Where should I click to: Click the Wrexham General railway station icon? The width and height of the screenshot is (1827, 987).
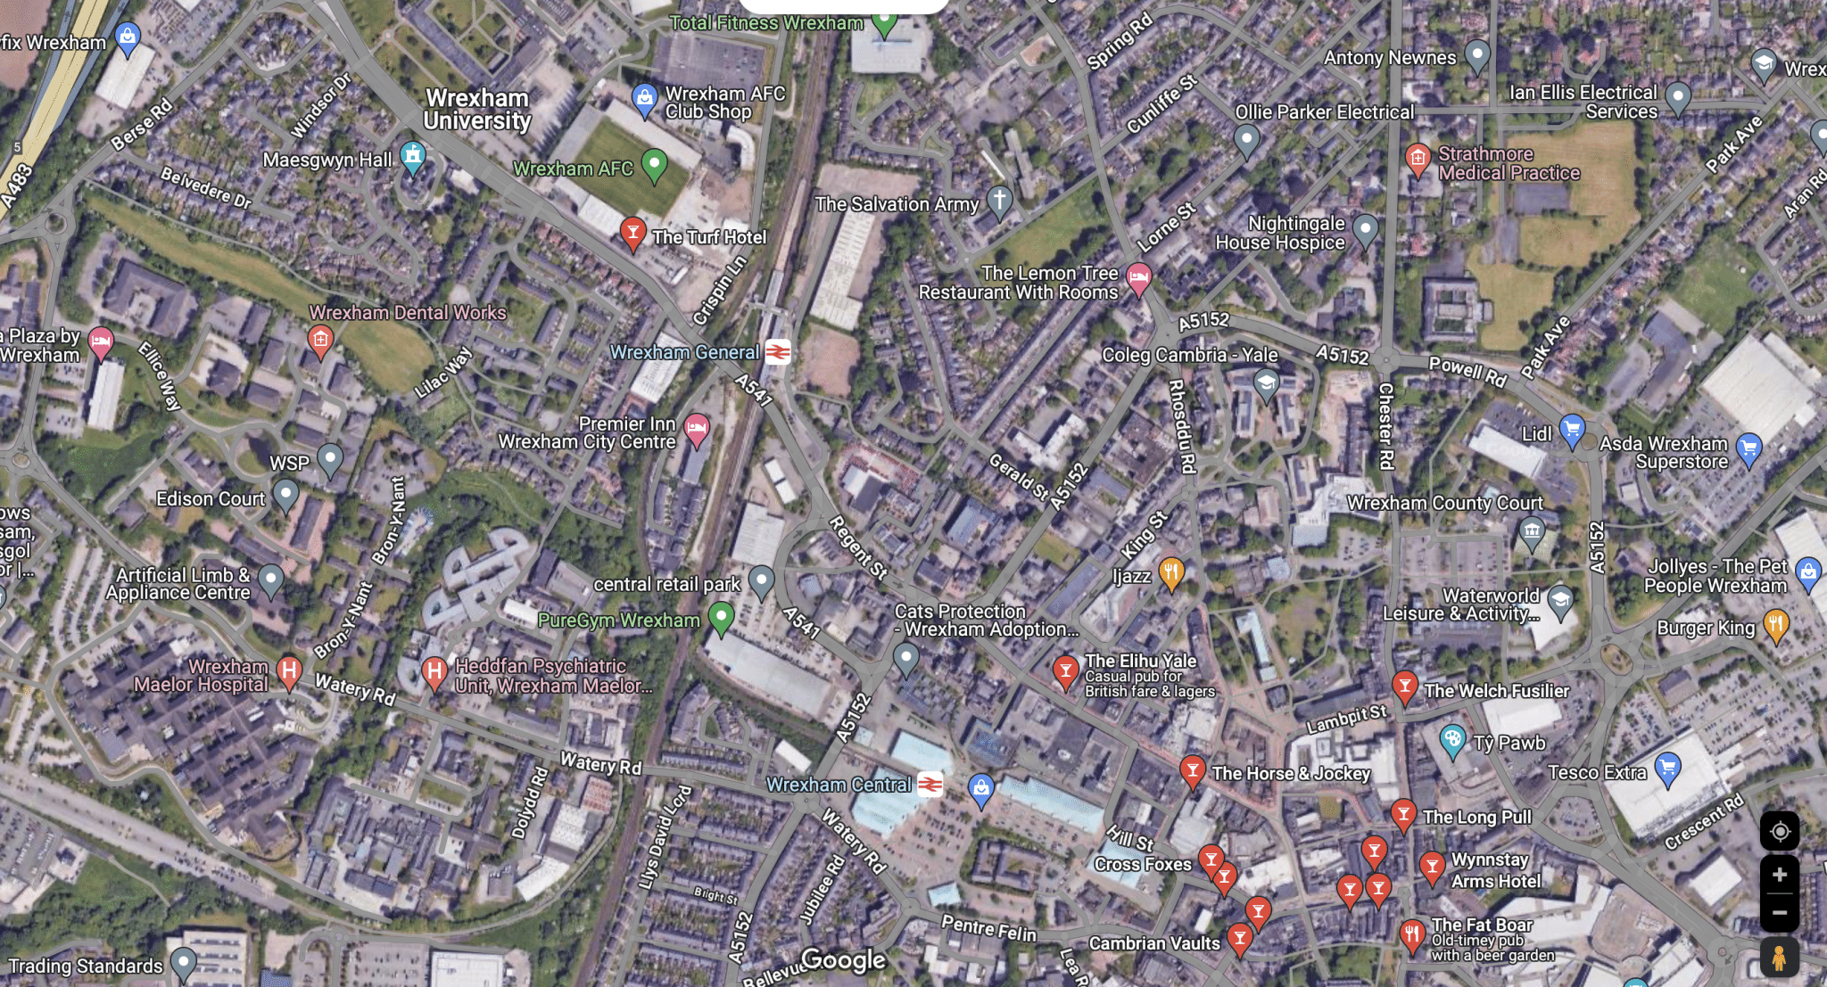coord(777,352)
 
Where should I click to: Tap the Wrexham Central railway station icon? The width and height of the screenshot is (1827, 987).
coord(930,784)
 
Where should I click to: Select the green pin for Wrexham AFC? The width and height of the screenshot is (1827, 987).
coord(655,164)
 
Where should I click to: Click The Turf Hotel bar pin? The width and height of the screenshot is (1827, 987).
coord(632,233)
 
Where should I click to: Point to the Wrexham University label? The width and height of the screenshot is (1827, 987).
coord(477,110)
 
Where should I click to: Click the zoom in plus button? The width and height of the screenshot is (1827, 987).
coord(1779,875)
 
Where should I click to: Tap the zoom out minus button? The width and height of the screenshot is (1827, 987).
coord(1779,913)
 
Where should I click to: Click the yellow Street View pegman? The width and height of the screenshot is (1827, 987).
coord(1779,958)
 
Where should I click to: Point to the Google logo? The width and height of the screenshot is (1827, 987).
coord(843,959)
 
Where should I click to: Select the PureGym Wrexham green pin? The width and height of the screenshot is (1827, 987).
coord(721,616)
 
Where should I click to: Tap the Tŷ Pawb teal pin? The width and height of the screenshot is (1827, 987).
coord(1452,739)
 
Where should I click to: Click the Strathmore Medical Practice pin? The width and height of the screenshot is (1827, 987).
coord(1417,160)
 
